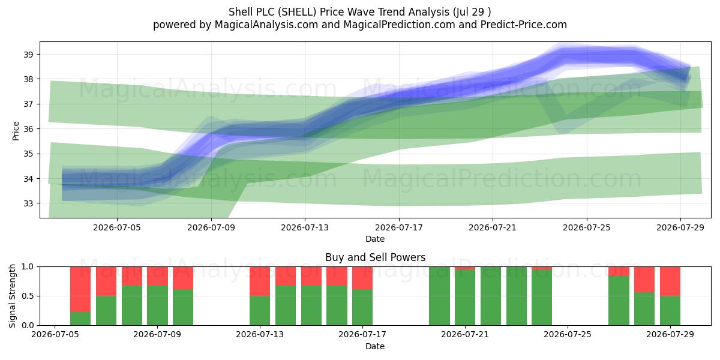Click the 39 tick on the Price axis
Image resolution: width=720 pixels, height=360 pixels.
tap(28, 55)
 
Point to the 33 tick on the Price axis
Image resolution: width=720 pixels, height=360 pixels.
tap(28, 203)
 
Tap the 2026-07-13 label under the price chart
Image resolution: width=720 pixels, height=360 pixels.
tap(305, 227)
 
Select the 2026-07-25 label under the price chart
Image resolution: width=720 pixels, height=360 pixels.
tap(587, 227)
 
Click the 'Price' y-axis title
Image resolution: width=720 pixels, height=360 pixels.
tap(16, 131)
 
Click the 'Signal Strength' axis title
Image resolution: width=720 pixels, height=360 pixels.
tap(12, 296)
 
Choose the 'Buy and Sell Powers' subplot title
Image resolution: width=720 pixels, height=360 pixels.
tap(375, 257)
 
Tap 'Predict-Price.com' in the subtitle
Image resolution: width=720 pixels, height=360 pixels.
tap(524, 25)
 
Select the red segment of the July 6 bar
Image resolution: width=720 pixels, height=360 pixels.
tap(80, 289)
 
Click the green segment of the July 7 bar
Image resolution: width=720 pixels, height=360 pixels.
tap(106, 311)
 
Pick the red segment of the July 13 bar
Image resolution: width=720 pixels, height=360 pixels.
tap(260, 281)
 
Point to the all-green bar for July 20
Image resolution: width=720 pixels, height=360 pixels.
tap(439, 296)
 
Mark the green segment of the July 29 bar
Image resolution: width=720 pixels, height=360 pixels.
tap(670, 311)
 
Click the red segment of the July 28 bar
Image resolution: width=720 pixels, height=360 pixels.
tap(644, 280)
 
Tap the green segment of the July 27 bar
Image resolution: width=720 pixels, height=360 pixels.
tap(619, 301)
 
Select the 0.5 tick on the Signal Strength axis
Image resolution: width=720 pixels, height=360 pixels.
tap(28, 296)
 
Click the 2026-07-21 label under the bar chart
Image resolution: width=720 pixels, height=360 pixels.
tap(465, 335)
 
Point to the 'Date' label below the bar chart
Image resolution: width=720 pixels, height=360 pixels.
tap(375, 346)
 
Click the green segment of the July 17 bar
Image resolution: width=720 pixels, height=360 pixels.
tap(362, 307)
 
